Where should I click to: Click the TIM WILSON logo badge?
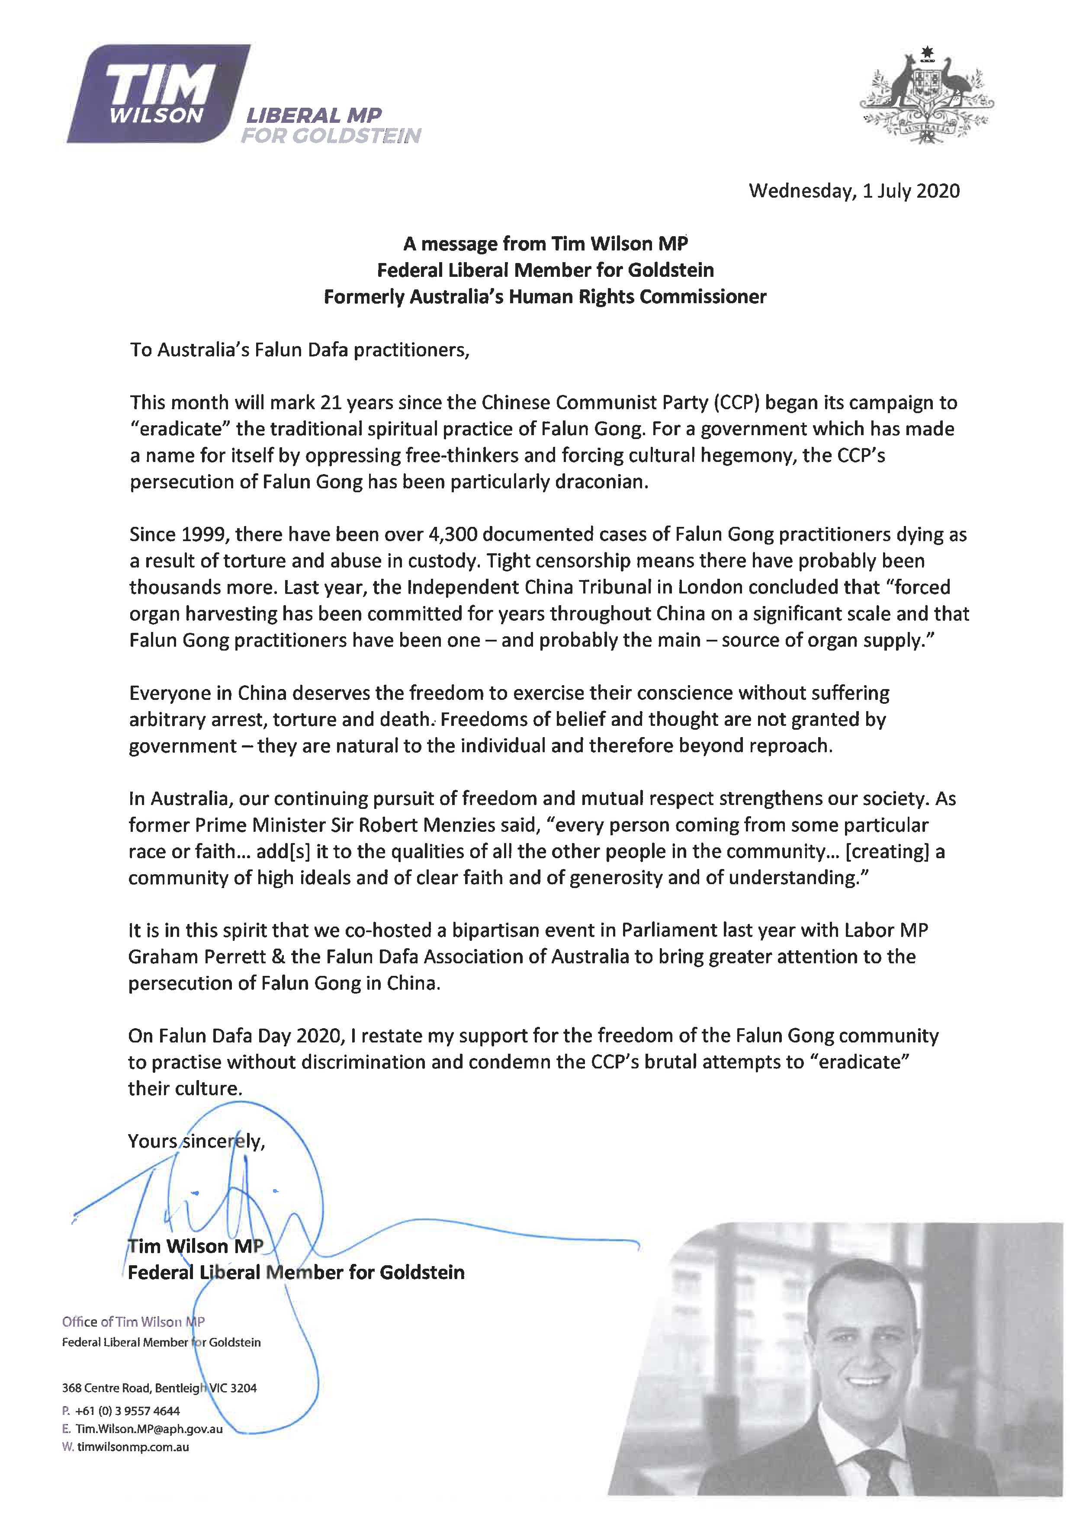pos(159,94)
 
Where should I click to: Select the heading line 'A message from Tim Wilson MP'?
pos(545,244)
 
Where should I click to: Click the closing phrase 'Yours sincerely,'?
pos(196,1141)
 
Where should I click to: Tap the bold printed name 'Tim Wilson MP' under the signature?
pos(196,1246)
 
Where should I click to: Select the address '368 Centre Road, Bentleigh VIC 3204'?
pos(159,1388)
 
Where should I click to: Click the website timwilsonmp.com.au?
pos(133,1446)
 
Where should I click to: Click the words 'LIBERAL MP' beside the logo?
pos(313,115)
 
